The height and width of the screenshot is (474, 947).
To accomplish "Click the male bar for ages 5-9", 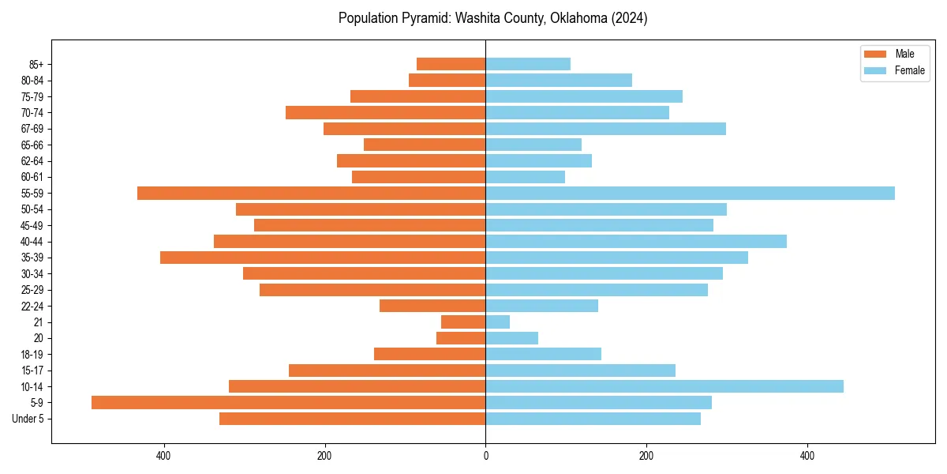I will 288,403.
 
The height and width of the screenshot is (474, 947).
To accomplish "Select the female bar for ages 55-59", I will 690,194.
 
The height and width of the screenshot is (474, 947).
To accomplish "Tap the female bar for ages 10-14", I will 664,386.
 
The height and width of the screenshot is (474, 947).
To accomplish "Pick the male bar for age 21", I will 463,322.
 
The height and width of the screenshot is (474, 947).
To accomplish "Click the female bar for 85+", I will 527,64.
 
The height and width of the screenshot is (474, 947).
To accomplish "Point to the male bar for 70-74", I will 385,113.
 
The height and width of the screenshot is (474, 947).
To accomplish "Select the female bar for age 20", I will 511,338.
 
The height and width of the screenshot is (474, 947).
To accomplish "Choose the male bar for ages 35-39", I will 323,258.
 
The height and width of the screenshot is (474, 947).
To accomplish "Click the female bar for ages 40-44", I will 635,242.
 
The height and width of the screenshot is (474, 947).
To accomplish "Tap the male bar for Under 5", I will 352,419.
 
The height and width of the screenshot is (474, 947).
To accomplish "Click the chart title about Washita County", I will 492,18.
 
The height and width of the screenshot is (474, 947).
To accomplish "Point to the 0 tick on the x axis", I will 485,456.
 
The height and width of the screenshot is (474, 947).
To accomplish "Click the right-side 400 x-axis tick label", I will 807,456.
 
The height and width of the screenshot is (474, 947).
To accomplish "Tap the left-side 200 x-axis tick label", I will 324,456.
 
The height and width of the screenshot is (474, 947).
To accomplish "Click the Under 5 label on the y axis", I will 28,419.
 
